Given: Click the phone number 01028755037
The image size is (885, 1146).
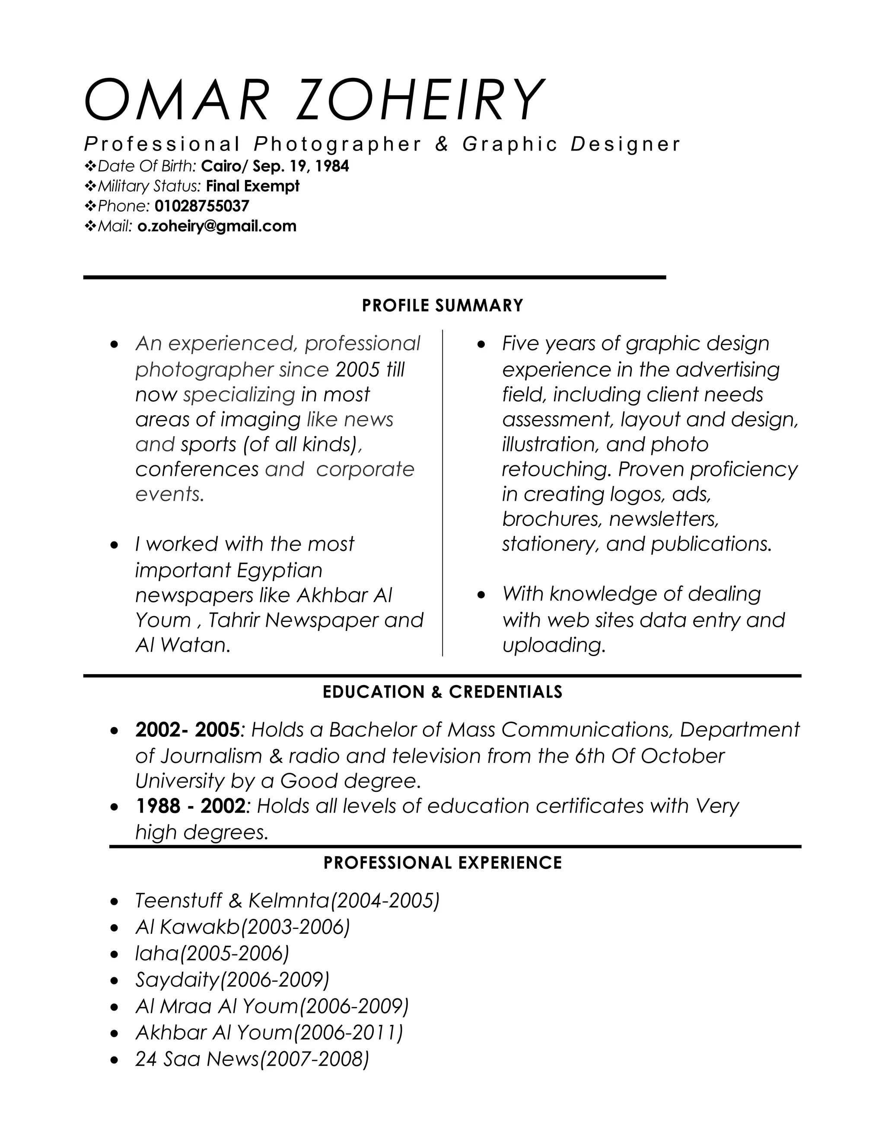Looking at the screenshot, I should [202, 206].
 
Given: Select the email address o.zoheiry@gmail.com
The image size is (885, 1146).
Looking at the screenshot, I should [216, 226].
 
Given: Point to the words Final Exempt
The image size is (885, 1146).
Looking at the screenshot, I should [253, 186].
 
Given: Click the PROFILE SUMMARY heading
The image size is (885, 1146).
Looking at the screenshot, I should [442, 306].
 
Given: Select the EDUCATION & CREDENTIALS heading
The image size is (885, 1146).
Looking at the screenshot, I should [442, 692].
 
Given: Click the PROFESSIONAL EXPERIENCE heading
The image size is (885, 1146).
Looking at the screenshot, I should [442, 863].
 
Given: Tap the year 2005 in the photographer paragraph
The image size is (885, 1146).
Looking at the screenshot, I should [357, 370].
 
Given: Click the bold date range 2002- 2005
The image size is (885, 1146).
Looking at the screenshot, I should [187, 730].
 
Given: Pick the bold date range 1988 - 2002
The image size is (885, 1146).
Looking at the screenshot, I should [190, 806].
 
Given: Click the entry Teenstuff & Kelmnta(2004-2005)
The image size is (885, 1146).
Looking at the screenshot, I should [287, 900].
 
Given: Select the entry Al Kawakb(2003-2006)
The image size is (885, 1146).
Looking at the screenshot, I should [243, 927].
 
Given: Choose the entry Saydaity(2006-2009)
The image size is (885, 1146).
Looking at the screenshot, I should [232, 980].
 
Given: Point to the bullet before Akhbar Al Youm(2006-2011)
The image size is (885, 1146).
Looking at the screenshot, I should [115, 1034].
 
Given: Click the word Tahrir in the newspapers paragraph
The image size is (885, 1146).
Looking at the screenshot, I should [234, 621].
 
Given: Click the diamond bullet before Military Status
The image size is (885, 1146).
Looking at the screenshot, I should [90, 186].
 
